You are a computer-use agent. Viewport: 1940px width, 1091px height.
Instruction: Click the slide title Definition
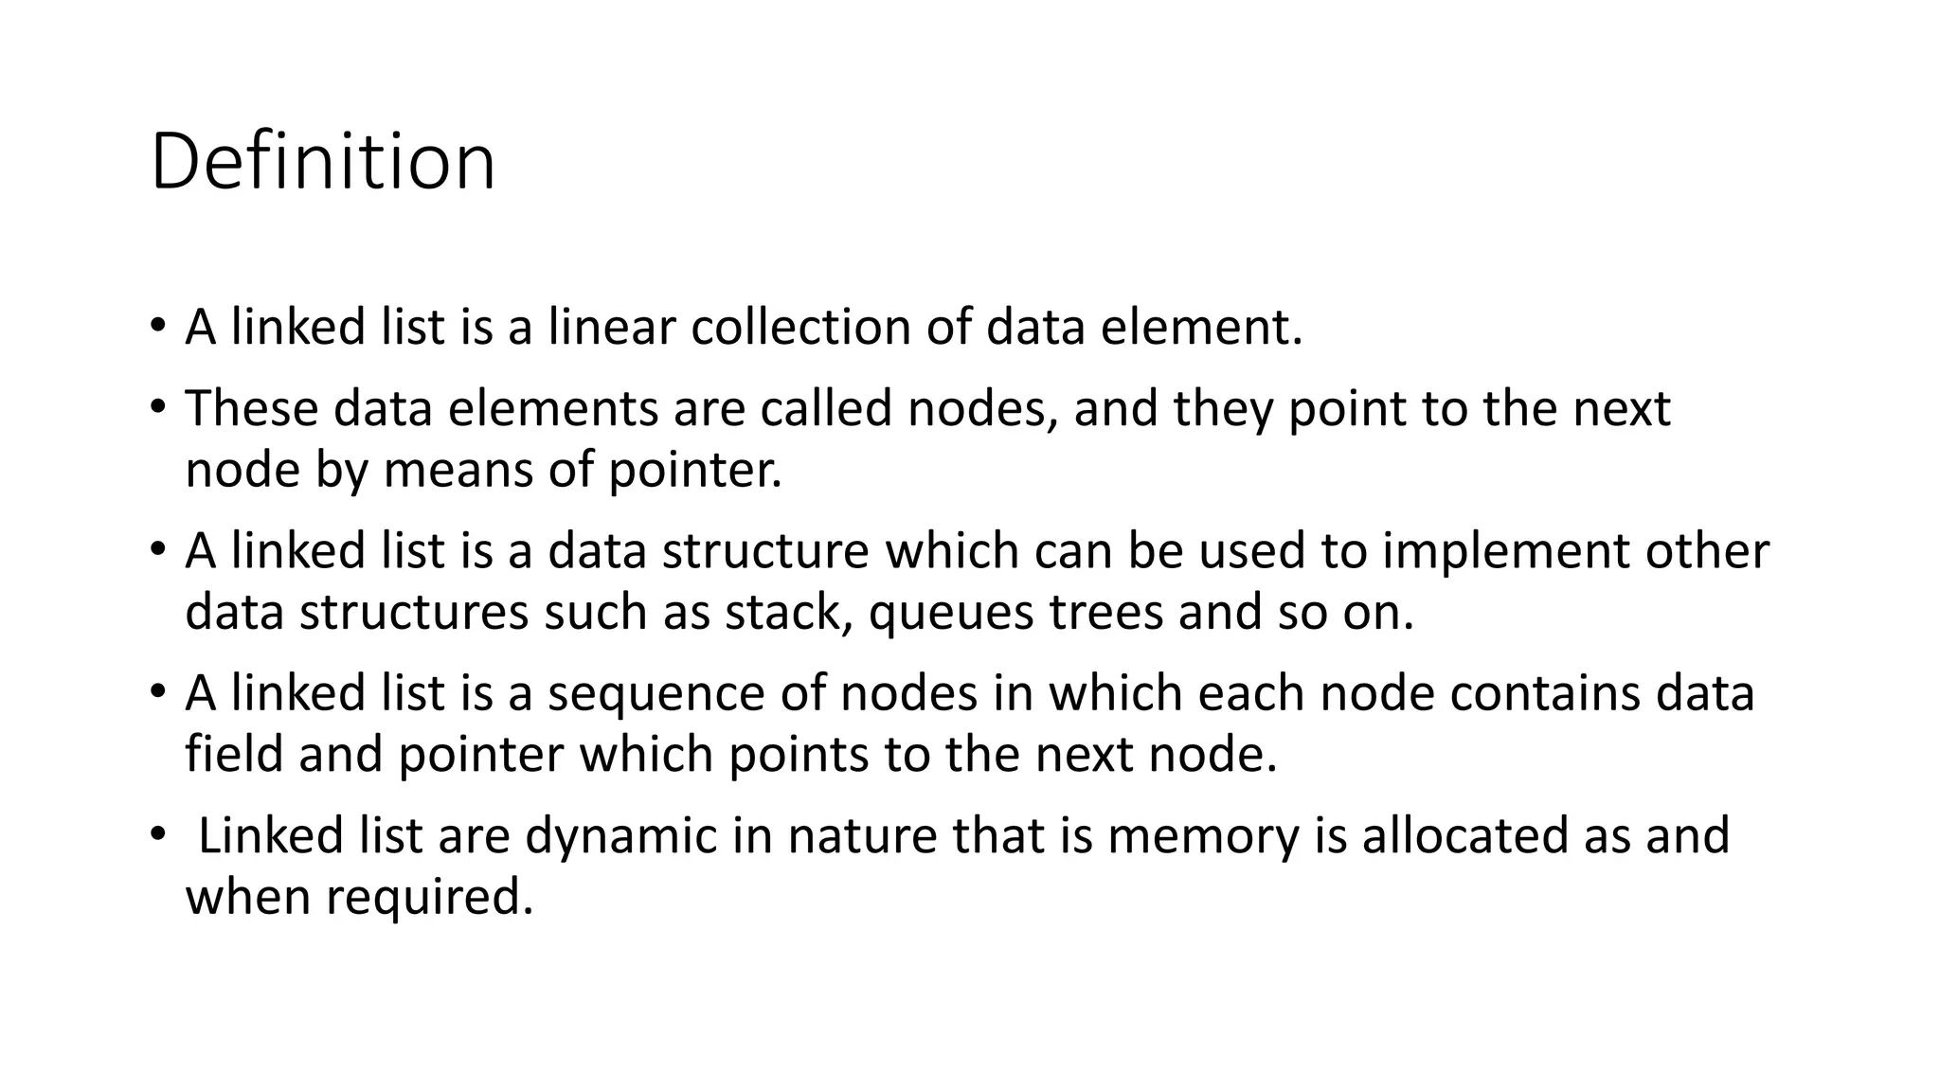point(322,163)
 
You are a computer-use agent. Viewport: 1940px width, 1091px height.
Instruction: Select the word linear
point(612,328)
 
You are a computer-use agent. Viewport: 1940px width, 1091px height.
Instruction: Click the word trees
point(1105,613)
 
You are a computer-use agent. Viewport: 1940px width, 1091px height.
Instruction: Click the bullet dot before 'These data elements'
point(157,407)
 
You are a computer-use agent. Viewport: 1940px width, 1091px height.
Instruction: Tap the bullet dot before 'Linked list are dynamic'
point(157,834)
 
